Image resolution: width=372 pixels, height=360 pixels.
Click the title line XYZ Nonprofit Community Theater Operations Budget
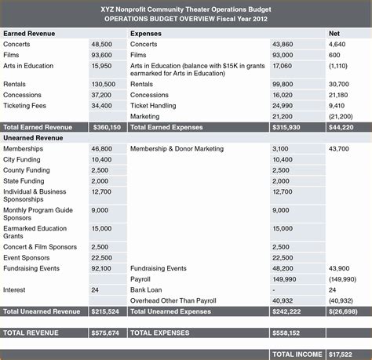[185, 9]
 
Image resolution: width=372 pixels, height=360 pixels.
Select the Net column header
[334, 35]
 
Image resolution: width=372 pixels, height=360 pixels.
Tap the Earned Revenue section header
[29, 35]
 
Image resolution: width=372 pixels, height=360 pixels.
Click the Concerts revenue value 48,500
[101, 45]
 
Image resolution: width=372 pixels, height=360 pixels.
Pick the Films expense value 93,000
[283, 56]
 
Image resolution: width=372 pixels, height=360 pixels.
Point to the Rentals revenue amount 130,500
[104, 84]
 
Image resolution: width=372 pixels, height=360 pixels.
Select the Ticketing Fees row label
[25, 105]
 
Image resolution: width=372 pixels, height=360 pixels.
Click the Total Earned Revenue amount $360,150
[107, 126]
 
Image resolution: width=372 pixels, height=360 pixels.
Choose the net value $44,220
[341, 126]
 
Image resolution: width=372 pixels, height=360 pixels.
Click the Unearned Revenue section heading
[33, 137]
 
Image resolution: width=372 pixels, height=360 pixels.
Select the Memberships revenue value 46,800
[101, 148]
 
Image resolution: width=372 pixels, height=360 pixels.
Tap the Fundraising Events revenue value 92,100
[101, 268]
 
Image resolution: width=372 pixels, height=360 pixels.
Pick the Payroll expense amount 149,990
[285, 278]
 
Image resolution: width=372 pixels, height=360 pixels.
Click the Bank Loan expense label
[147, 289]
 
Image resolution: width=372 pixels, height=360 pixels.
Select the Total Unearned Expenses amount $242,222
[288, 311]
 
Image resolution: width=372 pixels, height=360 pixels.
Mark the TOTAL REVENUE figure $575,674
[107, 333]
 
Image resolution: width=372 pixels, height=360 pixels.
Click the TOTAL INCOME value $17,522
[343, 354]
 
